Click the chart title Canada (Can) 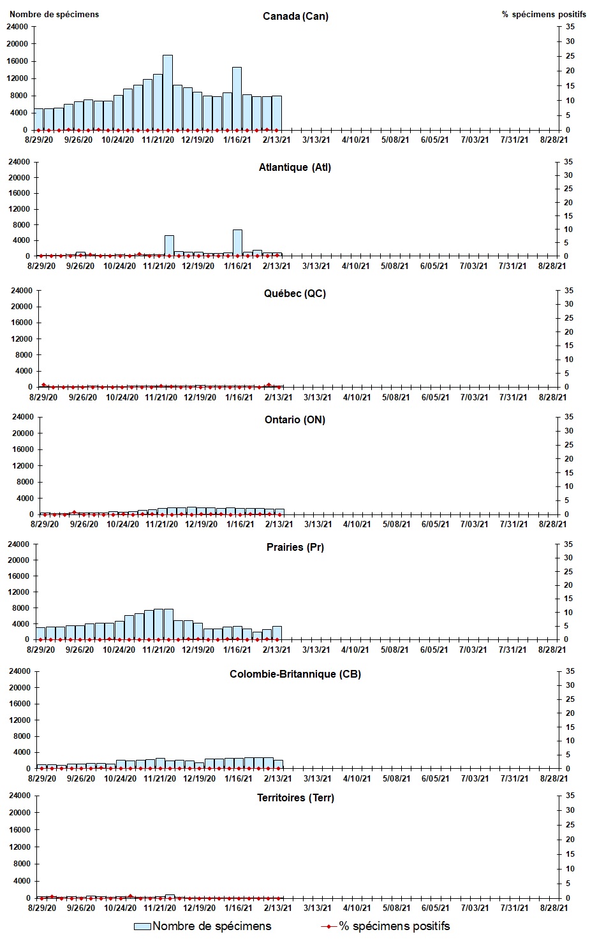295,16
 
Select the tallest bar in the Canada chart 167,92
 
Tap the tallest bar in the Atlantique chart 237,243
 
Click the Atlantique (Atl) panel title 295,167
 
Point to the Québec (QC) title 295,293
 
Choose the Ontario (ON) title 295,419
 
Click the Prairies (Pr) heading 295,547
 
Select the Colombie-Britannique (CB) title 295,674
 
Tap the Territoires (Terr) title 295,797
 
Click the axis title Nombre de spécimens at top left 54,14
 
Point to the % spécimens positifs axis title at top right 543,14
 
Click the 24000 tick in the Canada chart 17,27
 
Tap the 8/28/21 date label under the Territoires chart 552,908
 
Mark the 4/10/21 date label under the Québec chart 357,397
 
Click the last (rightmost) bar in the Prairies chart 277,633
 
